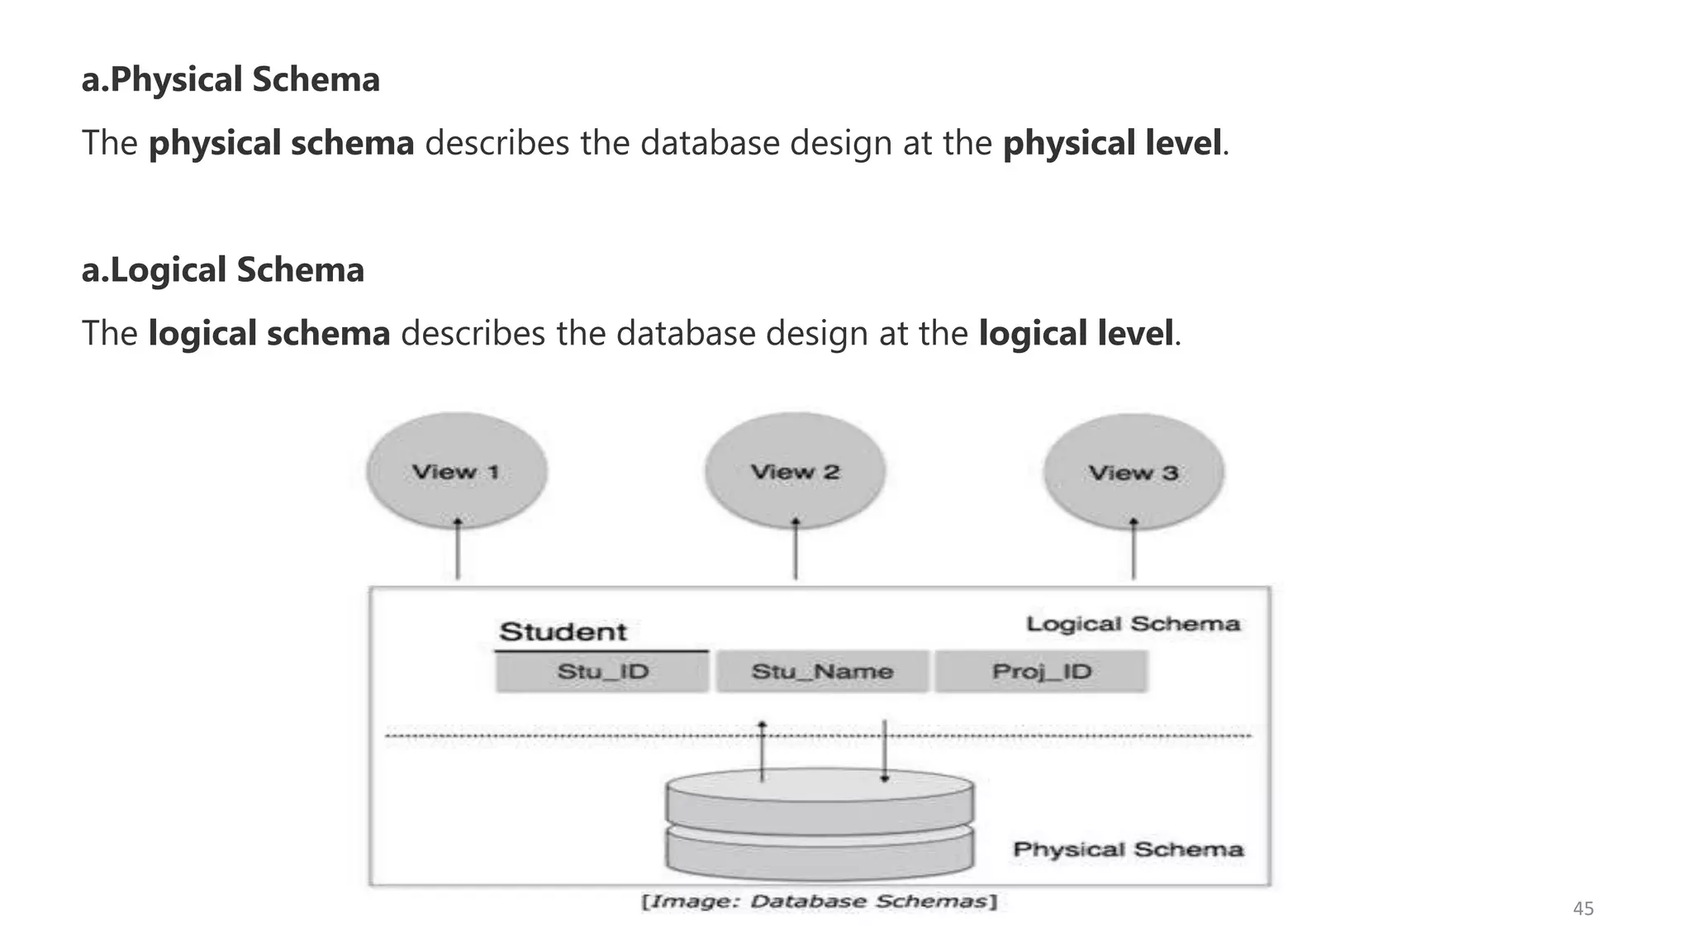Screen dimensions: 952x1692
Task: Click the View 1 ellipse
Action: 457,471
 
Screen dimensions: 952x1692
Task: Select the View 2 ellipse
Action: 795,471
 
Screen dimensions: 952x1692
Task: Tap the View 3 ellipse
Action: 1134,472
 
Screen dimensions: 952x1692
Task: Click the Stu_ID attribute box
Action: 602,671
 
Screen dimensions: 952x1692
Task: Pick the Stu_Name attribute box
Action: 822,671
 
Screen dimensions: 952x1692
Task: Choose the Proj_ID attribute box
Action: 1041,671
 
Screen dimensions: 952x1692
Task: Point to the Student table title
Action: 563,632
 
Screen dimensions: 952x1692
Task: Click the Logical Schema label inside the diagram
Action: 1133,624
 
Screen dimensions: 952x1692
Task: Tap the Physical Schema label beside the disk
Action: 1128,850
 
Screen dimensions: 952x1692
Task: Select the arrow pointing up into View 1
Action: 458,550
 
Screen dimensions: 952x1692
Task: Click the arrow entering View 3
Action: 1134,550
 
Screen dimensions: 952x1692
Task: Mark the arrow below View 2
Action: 796,550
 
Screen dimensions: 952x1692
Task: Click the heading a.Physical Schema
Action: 231,79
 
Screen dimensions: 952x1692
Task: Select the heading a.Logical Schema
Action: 223,270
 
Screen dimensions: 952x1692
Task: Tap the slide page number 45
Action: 1583,909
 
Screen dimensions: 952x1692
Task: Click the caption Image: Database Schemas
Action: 820,902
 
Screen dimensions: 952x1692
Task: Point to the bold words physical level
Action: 1111,143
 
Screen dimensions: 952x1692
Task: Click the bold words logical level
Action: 1075,334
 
